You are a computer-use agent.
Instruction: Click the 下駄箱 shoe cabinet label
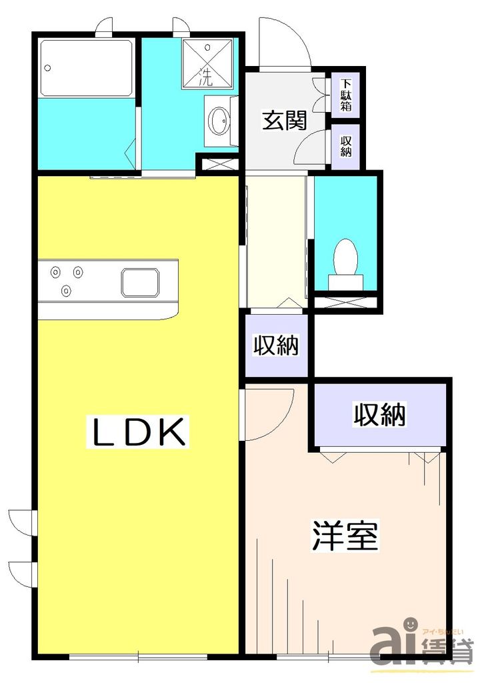(346, 95)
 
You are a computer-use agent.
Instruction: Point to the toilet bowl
(345, 257)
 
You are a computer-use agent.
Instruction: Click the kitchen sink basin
(141, 282)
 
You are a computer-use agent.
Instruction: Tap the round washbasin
(219, 121)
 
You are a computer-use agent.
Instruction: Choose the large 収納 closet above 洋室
(379, 416)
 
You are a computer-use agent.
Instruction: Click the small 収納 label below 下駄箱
(346, 146)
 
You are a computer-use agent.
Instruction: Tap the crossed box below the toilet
(345, 302)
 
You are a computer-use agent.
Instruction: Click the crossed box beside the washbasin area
(219, 163)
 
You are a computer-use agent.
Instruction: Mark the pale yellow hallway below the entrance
(275, 240)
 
